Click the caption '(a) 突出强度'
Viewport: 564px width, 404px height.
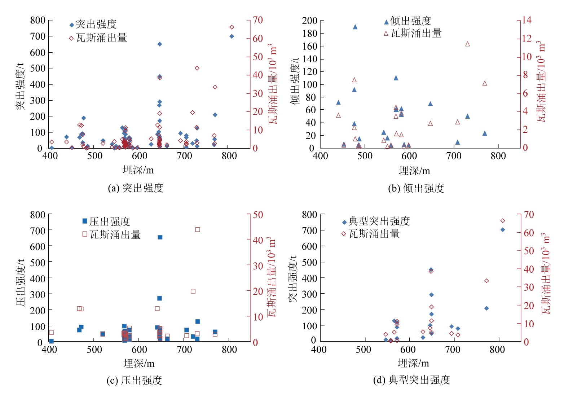136,188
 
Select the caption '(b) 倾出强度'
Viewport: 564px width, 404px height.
416,188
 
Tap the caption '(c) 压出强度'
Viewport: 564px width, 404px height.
134,381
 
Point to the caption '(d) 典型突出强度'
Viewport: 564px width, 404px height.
411,380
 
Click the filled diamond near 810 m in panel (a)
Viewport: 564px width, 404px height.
232,36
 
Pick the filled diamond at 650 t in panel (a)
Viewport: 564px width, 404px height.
160,44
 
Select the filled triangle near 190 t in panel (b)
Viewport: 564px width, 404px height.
355,27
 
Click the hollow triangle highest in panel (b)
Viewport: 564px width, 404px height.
468,44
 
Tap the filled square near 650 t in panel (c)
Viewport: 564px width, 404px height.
160,237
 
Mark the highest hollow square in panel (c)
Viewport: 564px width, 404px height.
198,229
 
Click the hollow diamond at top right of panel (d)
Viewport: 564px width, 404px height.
503,221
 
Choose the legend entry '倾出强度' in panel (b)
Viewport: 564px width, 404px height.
410,21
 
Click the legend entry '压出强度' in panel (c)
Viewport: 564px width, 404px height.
109,221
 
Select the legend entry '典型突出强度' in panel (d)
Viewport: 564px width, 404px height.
379,221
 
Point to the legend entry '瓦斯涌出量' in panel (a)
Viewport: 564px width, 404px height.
101,38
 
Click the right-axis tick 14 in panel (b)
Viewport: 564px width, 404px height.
527,20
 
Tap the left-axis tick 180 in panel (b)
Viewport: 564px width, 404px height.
310,33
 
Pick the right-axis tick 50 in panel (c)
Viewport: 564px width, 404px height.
258,215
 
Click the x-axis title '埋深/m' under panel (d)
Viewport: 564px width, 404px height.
414,363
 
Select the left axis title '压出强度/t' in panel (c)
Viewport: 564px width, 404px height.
20,282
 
